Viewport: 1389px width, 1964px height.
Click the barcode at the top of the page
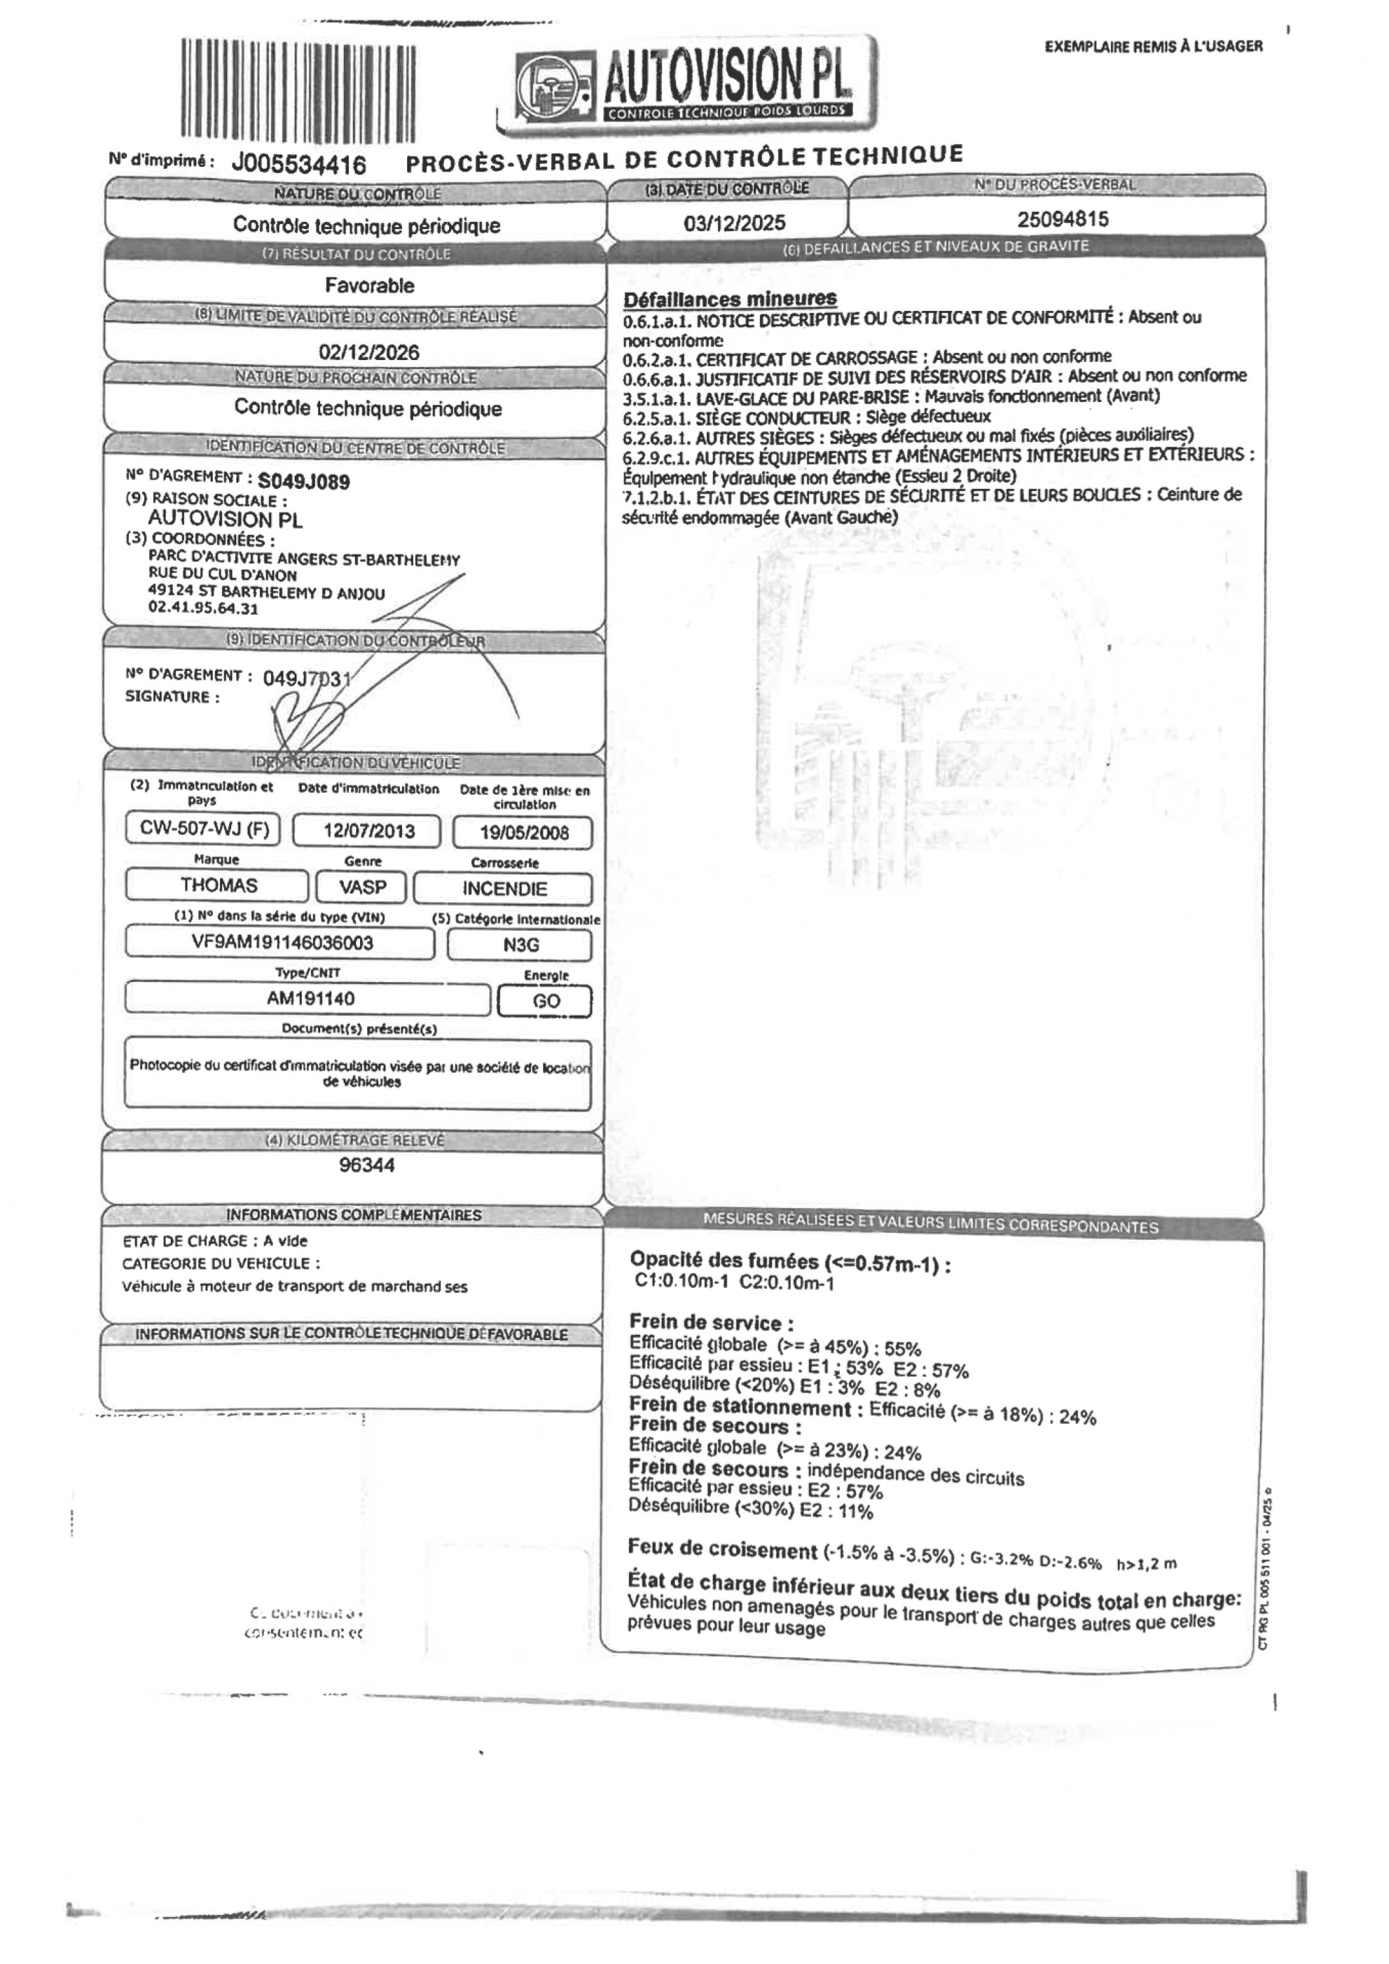click(x=298, y=90)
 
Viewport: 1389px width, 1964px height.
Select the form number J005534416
click(x=298, y=164)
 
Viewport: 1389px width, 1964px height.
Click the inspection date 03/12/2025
click(x=734, y=223)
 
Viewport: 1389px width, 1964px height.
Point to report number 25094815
click(x=1062, y=219)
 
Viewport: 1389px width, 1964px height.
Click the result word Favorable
click(x=369, y=285)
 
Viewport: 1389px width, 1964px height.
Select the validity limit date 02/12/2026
click(x=369, y=352)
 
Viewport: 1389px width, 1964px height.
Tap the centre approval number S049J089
click(x=304, y=482)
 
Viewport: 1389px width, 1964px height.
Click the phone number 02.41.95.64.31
click(x=203, y=609)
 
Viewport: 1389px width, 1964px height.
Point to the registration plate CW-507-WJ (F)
click(x=203, y=829)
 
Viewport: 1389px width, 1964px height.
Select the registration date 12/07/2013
click(x=369, y=831)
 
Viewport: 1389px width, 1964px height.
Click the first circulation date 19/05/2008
click(x=524, y=832)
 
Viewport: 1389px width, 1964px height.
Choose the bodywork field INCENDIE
click(x=504, y=889)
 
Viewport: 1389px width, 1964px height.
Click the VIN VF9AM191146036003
click(x=281, y=943)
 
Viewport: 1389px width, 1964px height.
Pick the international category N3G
click(x=520, y=945)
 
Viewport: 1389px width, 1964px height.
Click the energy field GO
click(x=546, y=1001)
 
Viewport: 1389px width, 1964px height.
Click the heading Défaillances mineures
click(x=730, y=299)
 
